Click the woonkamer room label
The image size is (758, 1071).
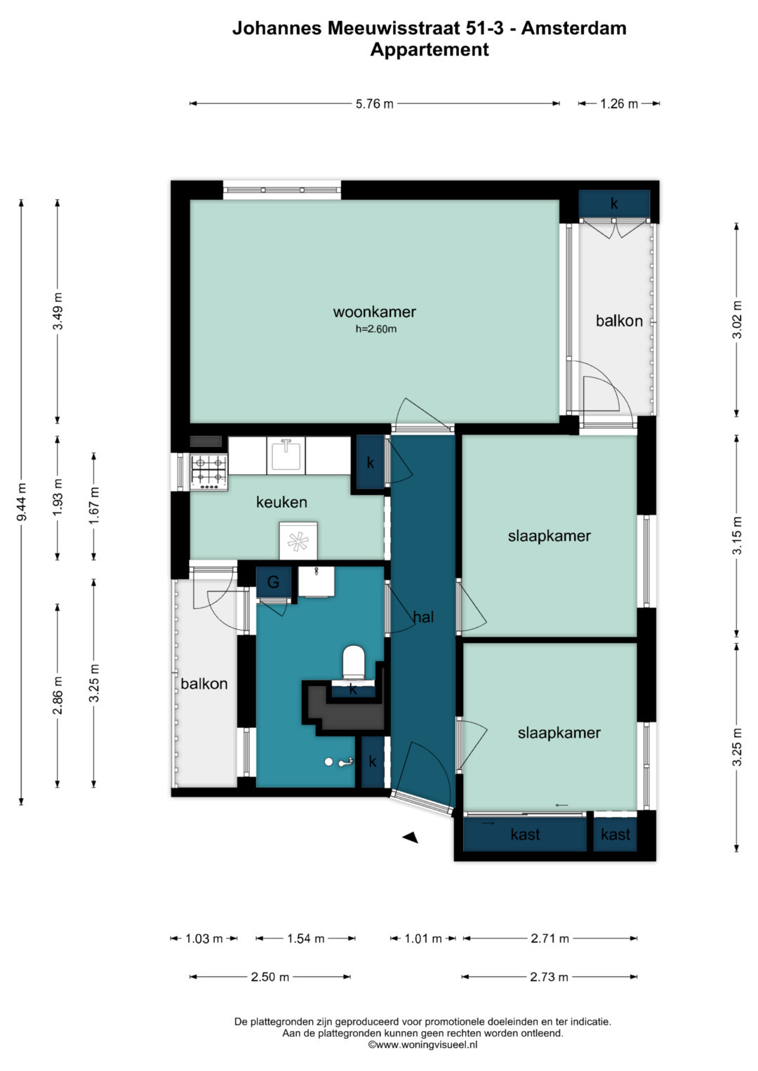pos(374,311)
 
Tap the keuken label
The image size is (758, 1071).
pos(281,501)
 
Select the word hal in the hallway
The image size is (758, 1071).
pos(423,617)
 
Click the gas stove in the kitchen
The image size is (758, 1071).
pos(209,472)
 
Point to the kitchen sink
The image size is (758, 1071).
pos(286,455)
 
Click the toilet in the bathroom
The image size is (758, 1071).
pos(354,661)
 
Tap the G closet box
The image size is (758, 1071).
pos(273,582)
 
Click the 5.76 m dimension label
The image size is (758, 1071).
pos(374,104)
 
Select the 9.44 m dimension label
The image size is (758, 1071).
pos(22,501)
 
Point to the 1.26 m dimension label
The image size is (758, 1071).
pos(619,104)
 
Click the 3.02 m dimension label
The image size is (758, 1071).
pos(737,319)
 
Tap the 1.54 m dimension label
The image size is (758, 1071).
pos(305,938)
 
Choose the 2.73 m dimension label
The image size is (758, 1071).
pos(549,977)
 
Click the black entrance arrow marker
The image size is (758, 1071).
pos(411,837)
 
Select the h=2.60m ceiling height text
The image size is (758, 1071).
pos(375,329)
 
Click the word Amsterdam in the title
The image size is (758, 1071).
pos(574,28)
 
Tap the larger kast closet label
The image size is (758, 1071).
pos(525,835)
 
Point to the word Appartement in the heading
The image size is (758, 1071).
pos(430,50)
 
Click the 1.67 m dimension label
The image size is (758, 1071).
pos(94,506)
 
